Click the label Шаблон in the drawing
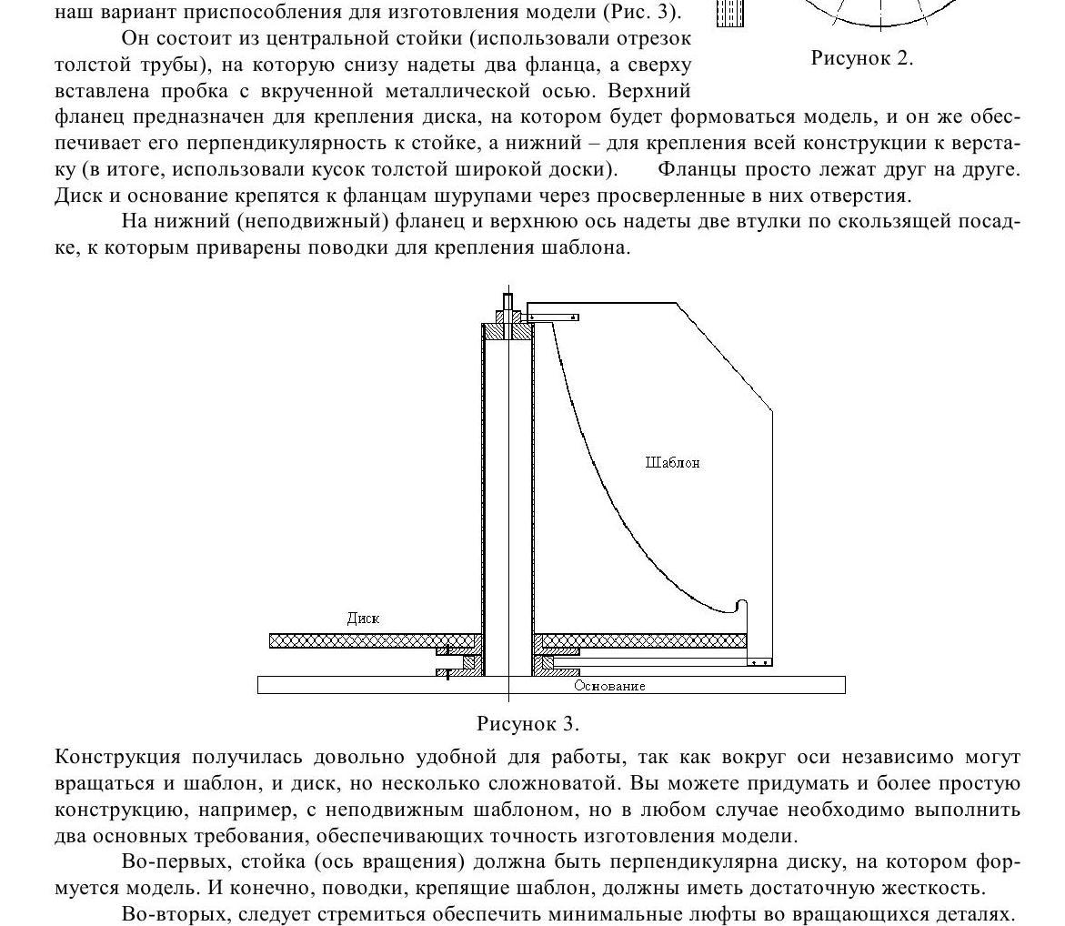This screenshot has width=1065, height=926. [x=672, y=462]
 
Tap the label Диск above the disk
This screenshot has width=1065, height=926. [x=363, y=619]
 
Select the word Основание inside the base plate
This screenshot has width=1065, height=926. [x=609, y=686]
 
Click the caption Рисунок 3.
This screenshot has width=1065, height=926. [x=527, y=724]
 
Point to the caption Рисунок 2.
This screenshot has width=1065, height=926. [x=861, y=58]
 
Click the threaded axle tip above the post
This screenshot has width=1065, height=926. [x=507, y=300]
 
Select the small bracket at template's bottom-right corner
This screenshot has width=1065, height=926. [x=759, y=662]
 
